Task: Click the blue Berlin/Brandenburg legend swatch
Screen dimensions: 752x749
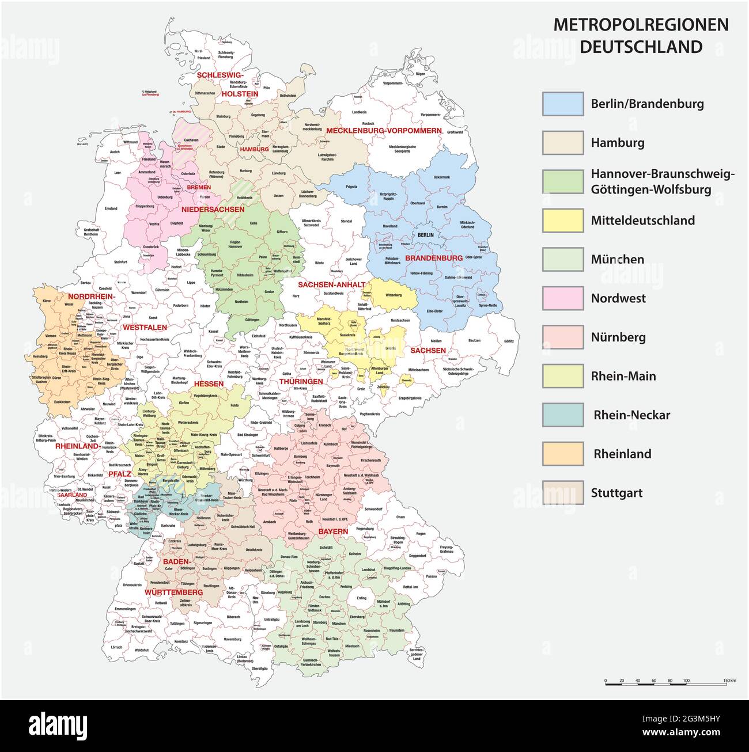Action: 562,104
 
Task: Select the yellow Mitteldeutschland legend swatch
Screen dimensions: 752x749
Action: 562,221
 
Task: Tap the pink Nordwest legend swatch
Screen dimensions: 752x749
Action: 562,298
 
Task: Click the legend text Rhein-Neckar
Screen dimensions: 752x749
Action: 631,415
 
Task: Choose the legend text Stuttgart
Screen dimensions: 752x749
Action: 616,493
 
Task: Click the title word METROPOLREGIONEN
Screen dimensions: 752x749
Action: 641,25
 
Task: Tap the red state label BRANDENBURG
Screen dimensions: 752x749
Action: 434,258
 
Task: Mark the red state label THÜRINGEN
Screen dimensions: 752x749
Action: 301,381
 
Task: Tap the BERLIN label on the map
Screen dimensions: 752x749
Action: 426,235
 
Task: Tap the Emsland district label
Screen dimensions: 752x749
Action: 111,208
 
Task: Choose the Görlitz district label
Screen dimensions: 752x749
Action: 508,341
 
